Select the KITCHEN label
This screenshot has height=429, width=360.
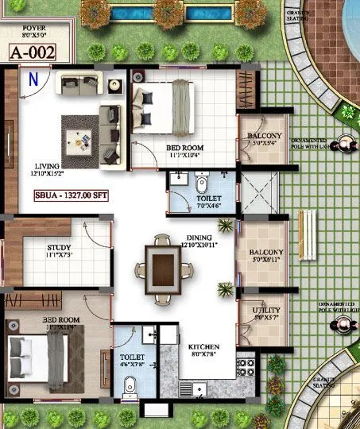(x=203, y=348)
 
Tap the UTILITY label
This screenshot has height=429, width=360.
(x=266, y=310)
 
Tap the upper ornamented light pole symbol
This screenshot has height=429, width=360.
(x=346, y=144)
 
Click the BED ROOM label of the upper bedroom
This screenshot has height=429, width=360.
(x=184, y=149)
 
